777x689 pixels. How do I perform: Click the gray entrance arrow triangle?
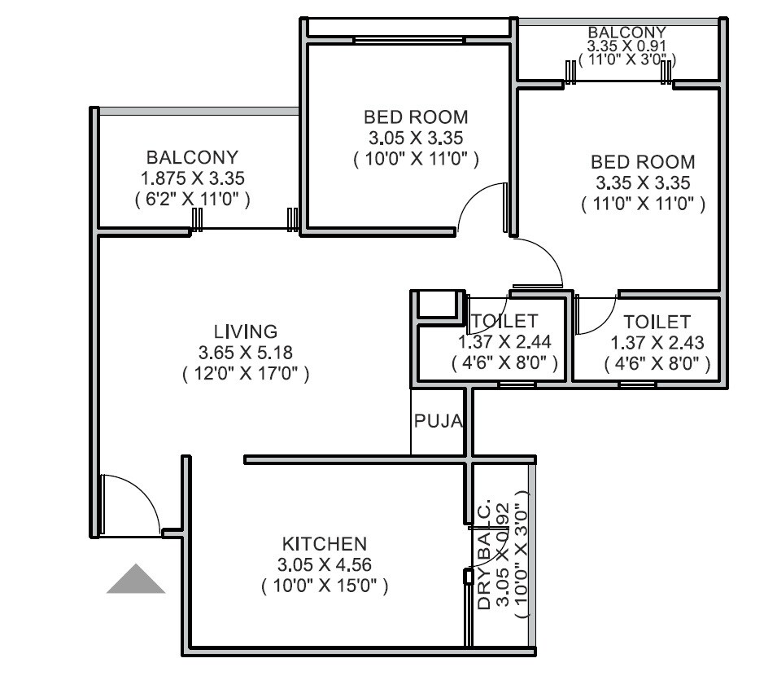coord(136,580)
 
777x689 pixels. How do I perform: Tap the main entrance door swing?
coord(130,505)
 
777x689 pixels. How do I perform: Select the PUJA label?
coord(439,421)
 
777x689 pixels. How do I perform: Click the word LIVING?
coord(245,331)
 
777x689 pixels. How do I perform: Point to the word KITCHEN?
coord(324,543)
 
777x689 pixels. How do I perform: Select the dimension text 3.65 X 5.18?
coord(245,353)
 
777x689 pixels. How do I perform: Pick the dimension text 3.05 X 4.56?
coord(324,564)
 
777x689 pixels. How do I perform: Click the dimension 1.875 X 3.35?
coord(192,178)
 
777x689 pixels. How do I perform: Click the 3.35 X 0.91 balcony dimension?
coord(626,46)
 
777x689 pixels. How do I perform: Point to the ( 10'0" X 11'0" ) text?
coord(416,160)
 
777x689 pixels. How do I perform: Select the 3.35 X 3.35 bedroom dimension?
coord(643,182)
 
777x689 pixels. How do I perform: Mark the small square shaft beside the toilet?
coord(438,305)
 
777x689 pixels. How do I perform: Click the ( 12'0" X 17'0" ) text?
coord(245,374)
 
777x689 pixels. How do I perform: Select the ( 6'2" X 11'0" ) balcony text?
coord(192,199)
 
